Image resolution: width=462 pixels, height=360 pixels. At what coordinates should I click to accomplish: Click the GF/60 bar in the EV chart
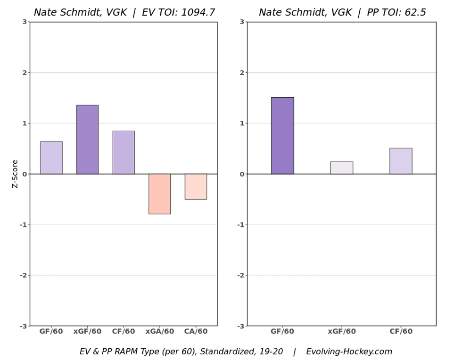[x=51, y=158]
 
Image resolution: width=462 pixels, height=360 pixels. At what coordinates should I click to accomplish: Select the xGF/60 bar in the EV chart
[x=87, y=139]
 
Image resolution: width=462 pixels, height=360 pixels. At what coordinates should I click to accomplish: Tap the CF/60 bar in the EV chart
[x=124, y=152]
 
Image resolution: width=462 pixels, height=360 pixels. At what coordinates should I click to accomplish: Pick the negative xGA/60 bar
[x=159, y=194]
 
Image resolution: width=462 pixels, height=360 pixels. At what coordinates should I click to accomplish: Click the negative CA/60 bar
[x=196, y=186]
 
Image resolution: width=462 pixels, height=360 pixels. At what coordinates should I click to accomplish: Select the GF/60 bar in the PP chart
[x=282, y=136]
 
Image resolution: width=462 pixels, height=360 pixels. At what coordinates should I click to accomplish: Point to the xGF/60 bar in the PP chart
[x=341, y=168]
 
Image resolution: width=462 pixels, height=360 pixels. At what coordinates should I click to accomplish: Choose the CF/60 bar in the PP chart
[x=401, y=161]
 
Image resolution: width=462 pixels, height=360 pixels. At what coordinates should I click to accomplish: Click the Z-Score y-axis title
[x=15, y=174]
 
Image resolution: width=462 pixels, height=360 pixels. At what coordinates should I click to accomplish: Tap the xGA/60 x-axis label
[x=159, y=332]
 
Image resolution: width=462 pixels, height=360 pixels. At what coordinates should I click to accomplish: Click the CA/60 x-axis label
[x=196, y=332]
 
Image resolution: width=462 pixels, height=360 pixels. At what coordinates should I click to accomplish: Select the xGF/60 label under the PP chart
[x=342, y=332]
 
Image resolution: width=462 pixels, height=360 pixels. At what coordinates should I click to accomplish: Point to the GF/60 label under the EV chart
[x=51, y=332]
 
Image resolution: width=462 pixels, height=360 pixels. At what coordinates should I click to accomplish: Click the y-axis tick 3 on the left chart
[x=25, y=22]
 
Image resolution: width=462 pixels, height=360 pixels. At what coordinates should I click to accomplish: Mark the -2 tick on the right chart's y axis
[x=240, y=275]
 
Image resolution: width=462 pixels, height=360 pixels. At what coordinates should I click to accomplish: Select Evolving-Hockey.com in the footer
[x=349, y=352]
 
